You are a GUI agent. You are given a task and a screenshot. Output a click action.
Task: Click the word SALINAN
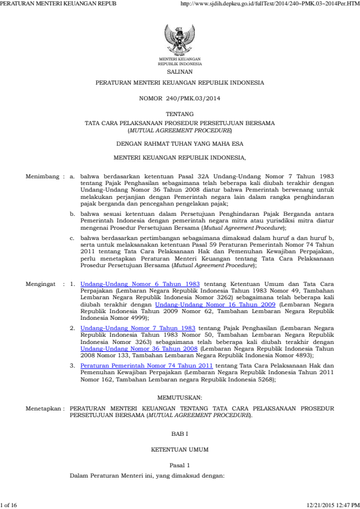[180, 71]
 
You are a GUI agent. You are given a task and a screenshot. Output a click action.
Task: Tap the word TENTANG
[180, 114]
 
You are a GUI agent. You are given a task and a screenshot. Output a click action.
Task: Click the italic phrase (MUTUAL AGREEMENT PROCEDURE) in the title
[180, 130]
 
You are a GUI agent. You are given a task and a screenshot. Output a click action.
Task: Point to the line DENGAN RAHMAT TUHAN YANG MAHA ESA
[180, 143]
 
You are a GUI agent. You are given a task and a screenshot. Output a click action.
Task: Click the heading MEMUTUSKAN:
[180, 397]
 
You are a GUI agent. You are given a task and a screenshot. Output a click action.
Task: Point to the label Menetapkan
[44, 409]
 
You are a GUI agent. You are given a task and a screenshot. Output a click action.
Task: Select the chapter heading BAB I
[180, 434]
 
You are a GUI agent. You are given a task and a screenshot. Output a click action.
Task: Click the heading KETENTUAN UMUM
[180, 450]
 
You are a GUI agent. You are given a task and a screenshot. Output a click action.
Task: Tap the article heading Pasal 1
[180, 466]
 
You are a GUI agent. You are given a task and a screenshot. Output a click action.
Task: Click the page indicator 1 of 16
[10, 504]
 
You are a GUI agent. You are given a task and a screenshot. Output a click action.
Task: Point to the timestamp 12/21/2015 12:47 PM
[333, 504]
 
